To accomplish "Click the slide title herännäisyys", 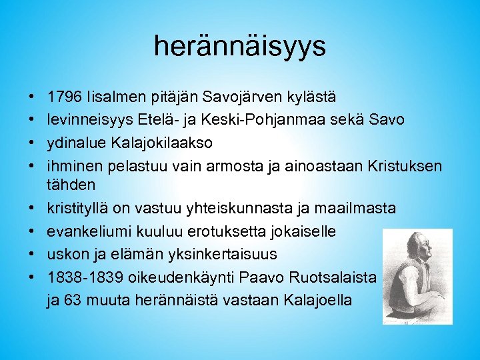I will (x=239, y=46).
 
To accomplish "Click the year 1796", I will (x=63, y=97).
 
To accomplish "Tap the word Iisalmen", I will (x=109, y=97).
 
